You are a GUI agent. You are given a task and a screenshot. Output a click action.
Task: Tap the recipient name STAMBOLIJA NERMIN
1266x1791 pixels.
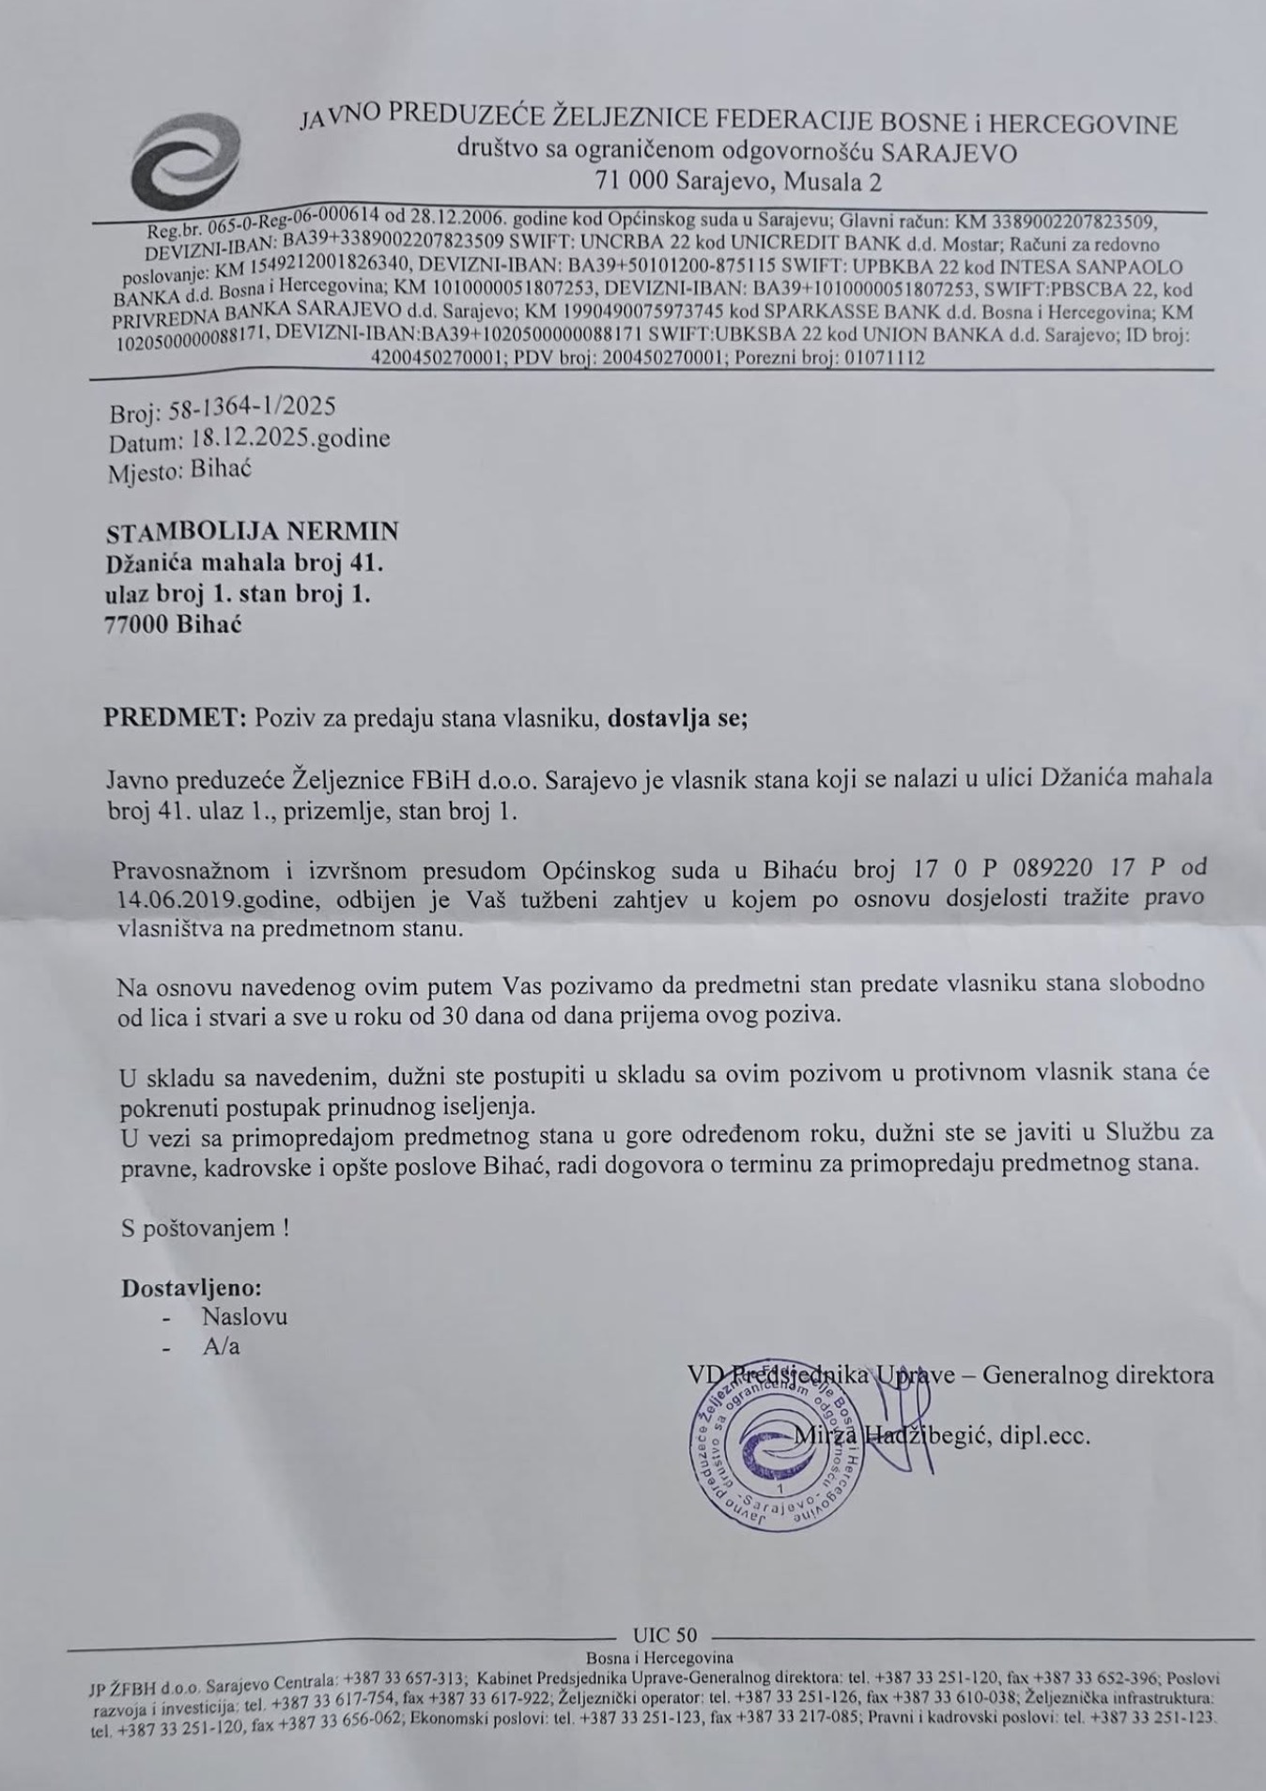(253, 532)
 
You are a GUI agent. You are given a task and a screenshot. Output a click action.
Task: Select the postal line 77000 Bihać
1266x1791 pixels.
(173, 625)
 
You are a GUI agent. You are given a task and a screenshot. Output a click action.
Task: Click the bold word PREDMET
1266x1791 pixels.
(174, 719)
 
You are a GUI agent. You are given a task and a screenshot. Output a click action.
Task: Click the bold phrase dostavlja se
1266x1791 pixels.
(676, 719)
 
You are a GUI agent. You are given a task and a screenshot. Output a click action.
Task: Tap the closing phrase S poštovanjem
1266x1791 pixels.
(204, 1228)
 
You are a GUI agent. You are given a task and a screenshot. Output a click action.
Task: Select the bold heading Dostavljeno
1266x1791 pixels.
(191, 1288)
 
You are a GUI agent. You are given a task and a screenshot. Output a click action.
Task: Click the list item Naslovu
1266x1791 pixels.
(244, 1317)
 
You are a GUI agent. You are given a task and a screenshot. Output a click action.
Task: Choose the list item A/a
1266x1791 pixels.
(222, 1347)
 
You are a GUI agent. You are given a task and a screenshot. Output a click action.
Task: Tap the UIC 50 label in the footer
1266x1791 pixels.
(665, 1636)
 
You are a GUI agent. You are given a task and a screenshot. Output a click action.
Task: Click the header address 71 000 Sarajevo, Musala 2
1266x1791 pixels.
(738, 181)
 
